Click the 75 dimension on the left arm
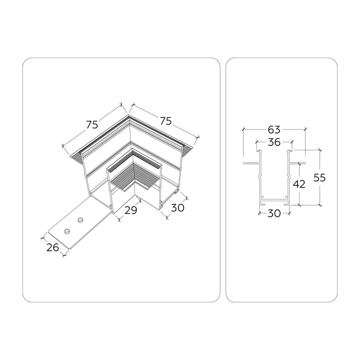[x=92, y=125]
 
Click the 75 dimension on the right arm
[x=166, y=121]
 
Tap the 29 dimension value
[x=130, y=210]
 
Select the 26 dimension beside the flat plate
[x=53, y=247]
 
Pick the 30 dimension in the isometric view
[x=178, y=208]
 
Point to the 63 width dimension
[x=274, y=130]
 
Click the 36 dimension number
[x=274, y=142]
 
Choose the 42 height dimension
[x=299, y=184]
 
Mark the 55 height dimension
[x=319, y=178]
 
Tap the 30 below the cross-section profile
[x=274, y=213]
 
